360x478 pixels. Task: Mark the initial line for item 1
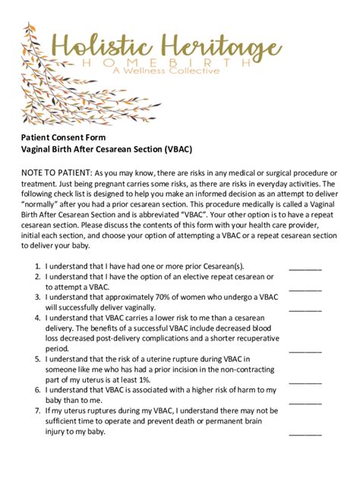[x=305, y=269]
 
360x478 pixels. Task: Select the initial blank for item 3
[x=305, y=309]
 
